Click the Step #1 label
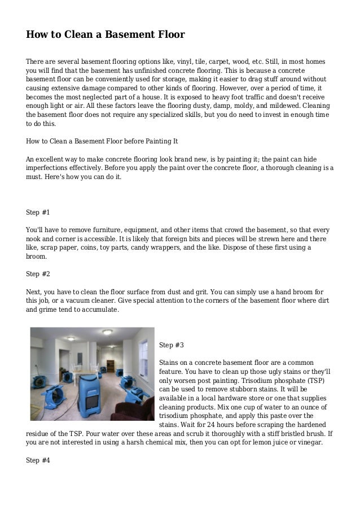pos(38,212)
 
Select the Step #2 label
pos(38,274)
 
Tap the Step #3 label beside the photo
pos(172,345)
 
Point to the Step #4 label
pos(38,460)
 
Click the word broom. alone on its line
pos(37,256)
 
